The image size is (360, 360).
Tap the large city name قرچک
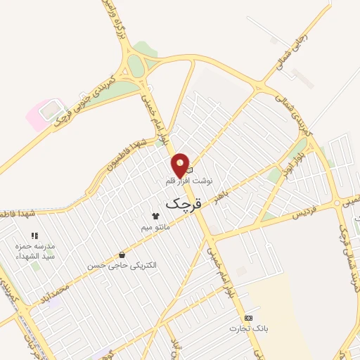pos(183,204)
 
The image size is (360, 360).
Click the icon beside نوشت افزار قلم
pos(188,169)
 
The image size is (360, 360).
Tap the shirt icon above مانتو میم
pos(155,216)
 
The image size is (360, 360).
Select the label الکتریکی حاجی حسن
pos(122,266)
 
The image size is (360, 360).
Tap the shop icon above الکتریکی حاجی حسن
pos(123,255)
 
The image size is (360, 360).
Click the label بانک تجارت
pos(248,328)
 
